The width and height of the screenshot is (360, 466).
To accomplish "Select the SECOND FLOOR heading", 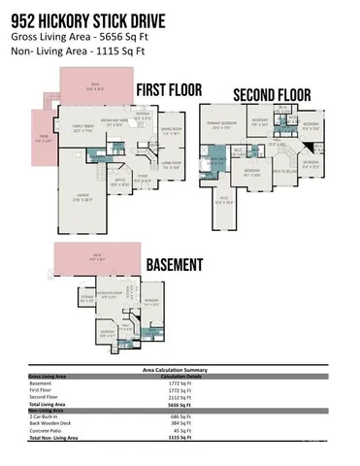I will click(x=271, y=95).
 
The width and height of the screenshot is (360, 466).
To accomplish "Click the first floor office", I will click(x=120, y=181).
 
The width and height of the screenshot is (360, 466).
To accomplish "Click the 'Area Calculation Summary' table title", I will click(x=179, y=370).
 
